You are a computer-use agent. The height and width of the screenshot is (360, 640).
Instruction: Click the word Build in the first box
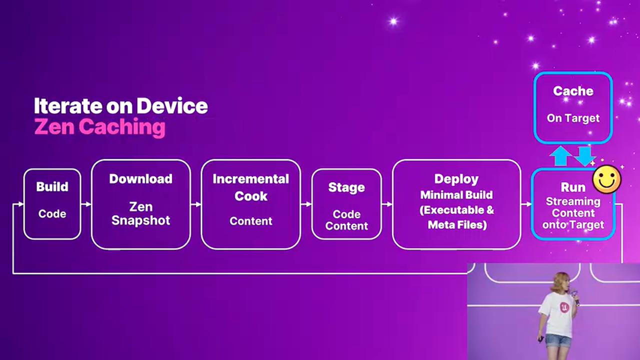(52, 187)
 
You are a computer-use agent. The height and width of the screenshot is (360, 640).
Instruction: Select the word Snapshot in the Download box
(141, 220)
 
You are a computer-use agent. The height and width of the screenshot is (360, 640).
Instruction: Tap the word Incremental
(251, 179)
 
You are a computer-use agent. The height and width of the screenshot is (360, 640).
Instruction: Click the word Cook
(251, 196)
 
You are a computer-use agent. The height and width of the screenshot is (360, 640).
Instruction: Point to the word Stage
(346, 187)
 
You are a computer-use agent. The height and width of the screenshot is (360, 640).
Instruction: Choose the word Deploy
(456, 179)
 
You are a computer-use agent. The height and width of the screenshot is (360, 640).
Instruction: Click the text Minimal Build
(456, 195)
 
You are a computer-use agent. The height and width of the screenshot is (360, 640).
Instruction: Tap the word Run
(573, 187)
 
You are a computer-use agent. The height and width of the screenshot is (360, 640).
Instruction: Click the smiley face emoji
(607, 179)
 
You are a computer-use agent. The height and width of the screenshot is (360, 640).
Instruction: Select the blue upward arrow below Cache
(560, 155)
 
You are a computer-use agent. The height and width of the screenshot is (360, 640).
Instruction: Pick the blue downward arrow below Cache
(584, 156)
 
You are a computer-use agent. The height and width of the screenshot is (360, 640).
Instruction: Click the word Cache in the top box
(573, 91)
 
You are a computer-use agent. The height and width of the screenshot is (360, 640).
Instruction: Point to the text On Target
(573, 118)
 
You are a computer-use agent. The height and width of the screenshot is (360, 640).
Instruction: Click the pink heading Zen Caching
(99, 127)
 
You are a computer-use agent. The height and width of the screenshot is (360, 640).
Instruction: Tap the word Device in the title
(172, 106)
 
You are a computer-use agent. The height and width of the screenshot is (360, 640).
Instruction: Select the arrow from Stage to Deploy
(387, 204)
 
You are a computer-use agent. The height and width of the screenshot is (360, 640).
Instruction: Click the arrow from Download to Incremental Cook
(196, 204)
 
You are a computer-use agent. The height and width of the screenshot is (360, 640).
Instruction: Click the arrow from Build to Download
(86, 204)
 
